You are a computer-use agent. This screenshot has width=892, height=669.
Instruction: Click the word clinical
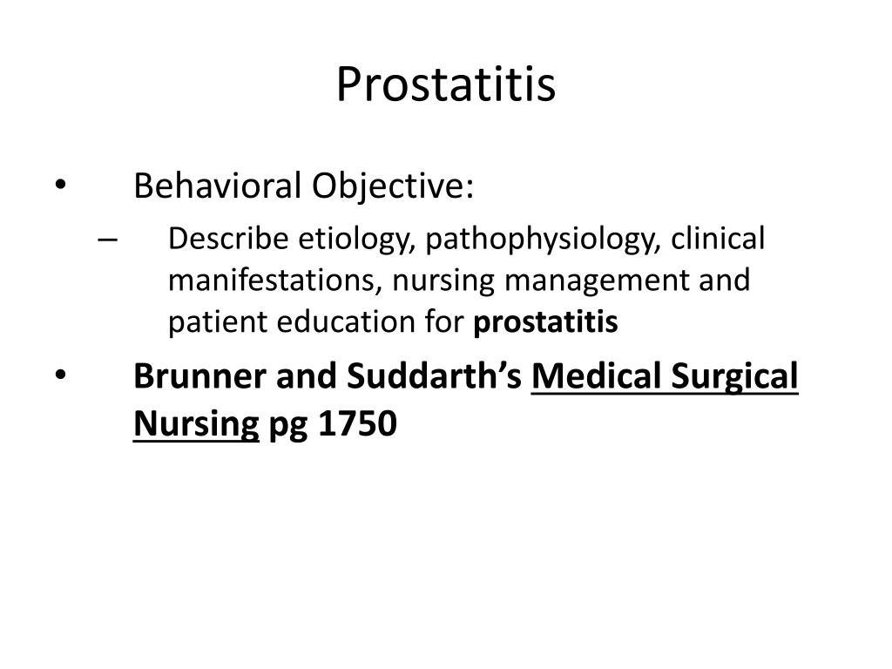[x=717, y=239]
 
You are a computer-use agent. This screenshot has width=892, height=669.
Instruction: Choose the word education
[x=346, y=323]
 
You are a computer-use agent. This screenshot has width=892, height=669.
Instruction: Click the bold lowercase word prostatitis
[x=546, y=323]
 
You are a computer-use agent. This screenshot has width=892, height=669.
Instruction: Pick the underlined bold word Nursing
[x=196, y=424]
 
